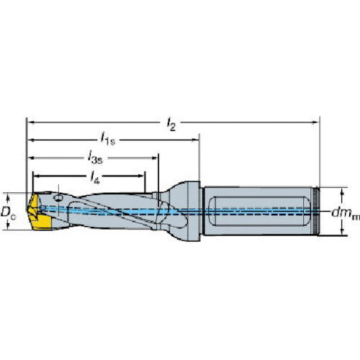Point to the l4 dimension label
[94, 174]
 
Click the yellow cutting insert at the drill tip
[37, 214]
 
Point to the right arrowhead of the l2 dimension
[315, 121]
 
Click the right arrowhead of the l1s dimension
[195, 139]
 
